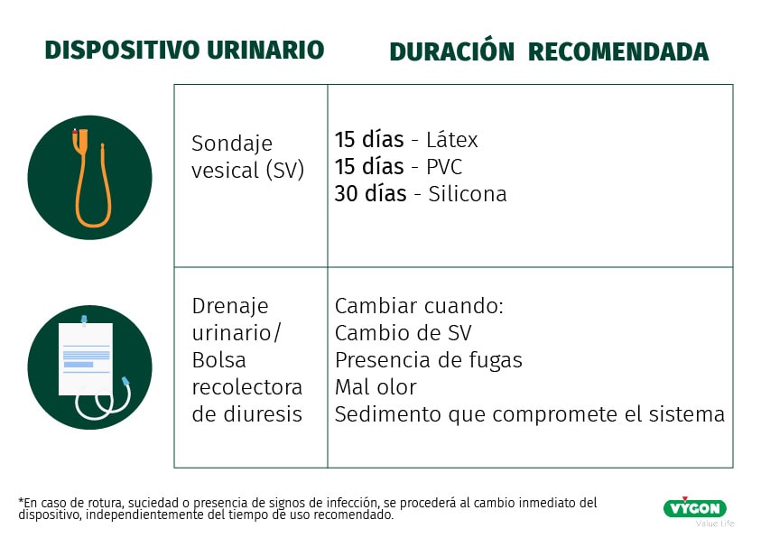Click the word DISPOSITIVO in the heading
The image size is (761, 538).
coord(122,50)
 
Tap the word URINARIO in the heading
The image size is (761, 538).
coord(265,50)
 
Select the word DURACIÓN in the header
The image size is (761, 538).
coord(452,51)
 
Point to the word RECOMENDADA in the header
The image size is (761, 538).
coord(618,52)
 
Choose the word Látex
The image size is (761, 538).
coord(452,140)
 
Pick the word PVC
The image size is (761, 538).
coord(444,167)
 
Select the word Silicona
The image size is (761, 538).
coord(468,194)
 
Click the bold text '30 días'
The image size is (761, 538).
coord(370,193)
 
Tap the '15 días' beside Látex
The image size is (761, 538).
coord(369,140)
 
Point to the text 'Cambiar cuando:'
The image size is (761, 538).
coord(420,306)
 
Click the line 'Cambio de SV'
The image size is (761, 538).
coord(404,333)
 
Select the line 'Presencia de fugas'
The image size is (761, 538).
coord(429,360)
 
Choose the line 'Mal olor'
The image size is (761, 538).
coord(376,387)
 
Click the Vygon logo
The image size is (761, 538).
coord(695,508)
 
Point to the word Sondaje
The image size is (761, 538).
coord(232,144)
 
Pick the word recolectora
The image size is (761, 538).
coord(247,387)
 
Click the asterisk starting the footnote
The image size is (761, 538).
coord(21,501)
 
